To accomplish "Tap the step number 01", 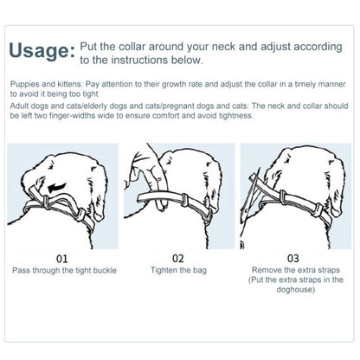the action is coord(62,259).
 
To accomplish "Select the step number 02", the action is coord(178,258).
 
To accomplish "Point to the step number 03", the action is coord(293,258).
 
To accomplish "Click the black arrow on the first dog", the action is coord(57,188).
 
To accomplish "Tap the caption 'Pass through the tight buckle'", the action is coord(64,271).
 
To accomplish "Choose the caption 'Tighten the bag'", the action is coord(178,270).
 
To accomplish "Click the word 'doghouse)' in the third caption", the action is coord(296,289).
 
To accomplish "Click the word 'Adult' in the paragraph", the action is coord(19,106).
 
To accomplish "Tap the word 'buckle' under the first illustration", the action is coord(105,271).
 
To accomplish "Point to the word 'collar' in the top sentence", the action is coord(132,47).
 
